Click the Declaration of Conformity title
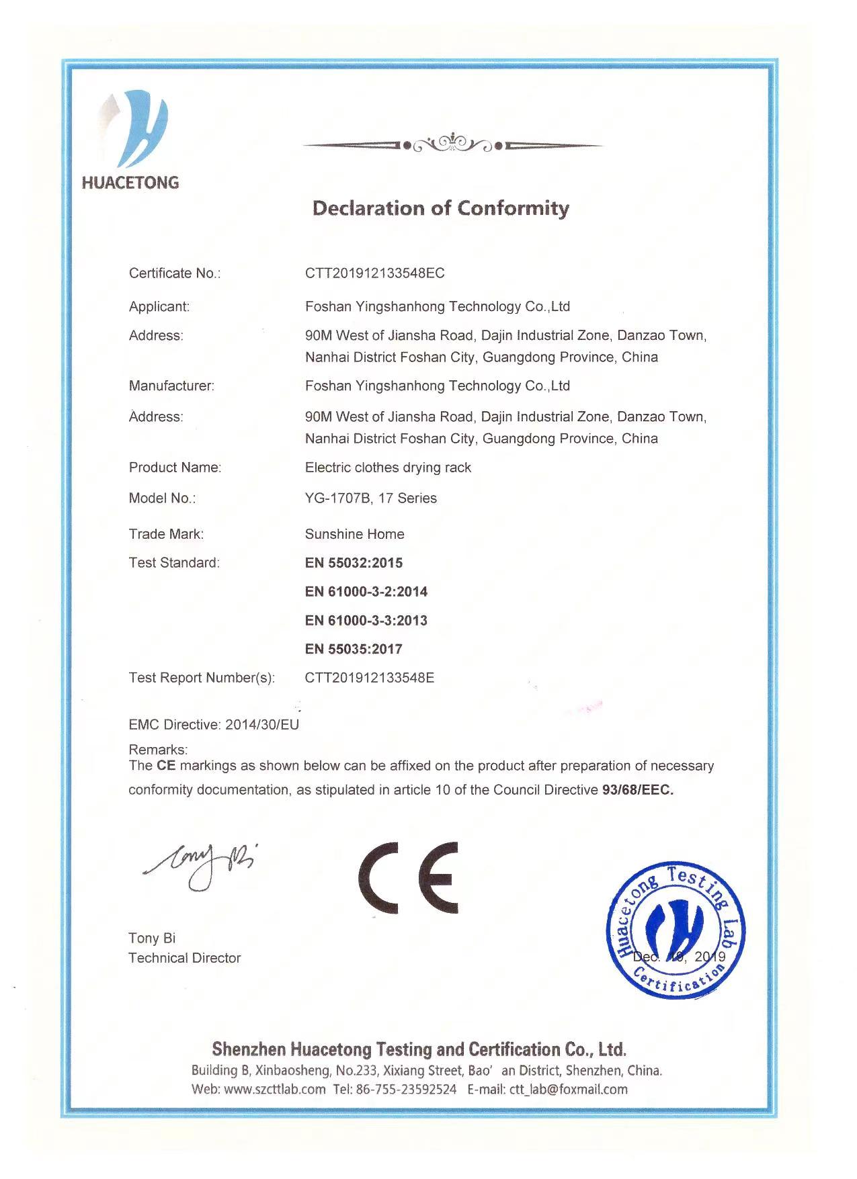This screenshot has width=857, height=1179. pos(440,208)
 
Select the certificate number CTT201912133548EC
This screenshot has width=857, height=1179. pos(374,273)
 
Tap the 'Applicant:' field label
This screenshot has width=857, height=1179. pos(159,307)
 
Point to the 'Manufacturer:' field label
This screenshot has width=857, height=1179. pos(171,386)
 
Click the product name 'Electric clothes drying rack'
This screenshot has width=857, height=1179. pos(388,468)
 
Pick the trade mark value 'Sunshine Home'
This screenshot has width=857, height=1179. pos(354,535)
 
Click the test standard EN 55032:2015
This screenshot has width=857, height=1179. pos(354,563)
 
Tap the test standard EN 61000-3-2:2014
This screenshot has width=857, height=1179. pos(366,592)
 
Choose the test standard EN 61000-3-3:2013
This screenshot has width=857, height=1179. pos(366,621)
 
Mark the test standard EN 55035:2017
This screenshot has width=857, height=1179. pos(354,650)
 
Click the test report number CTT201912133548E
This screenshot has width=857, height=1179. pos(369,678)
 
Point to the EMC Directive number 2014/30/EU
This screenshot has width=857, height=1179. pos(262,725)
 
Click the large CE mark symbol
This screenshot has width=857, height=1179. pos(408,877)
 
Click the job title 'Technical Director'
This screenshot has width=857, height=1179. pos(184,959)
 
